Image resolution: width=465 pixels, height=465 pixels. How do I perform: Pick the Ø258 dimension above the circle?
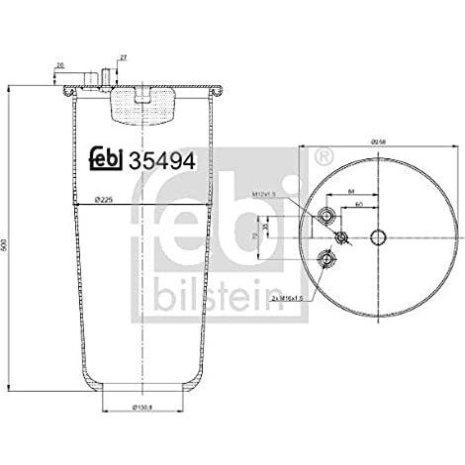380,142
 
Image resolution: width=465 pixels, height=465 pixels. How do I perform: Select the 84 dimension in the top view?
351,193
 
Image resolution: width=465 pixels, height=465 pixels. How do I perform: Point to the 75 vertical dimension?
258,238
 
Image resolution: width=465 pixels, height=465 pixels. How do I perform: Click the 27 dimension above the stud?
123,60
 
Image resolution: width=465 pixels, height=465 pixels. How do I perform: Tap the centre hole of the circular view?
380,237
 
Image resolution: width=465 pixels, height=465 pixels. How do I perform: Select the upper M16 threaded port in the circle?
327,218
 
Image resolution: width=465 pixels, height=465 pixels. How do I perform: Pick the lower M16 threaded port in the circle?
327,258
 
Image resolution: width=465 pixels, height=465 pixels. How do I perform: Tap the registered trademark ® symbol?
322,157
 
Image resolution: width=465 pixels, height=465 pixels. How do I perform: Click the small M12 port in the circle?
341,237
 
